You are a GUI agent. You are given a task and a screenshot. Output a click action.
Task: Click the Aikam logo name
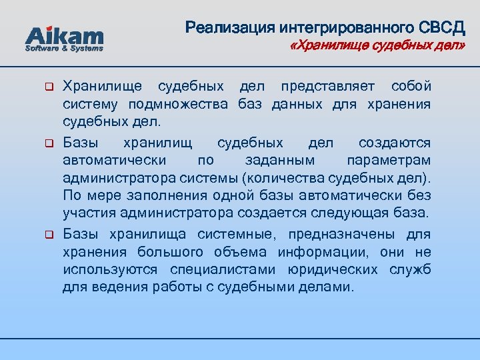pos(64,35)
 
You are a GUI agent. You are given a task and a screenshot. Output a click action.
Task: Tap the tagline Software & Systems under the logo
pos(64,49)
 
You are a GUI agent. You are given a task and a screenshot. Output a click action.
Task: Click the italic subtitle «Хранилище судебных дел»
pos(377,46)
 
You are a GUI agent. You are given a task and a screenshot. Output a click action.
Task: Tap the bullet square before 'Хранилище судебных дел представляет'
pos(48,87)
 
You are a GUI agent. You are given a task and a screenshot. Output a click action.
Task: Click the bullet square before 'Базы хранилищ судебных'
pos(48,143)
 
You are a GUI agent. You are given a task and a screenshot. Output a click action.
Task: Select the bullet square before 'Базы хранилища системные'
pos(48,235)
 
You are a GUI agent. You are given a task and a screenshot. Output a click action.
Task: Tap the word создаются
pos(395,143)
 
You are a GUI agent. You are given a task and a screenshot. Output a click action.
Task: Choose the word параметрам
pos(389,161)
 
